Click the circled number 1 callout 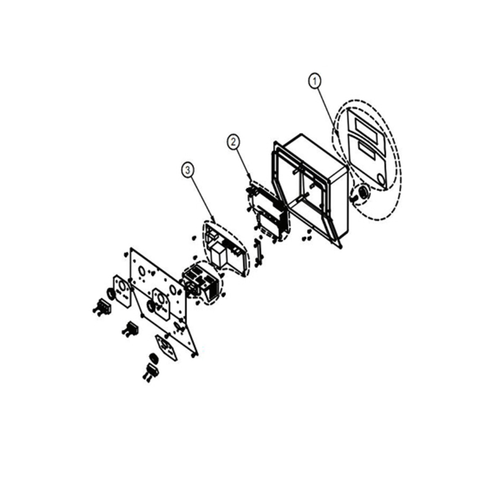315,81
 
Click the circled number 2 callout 233,142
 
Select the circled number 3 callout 188,170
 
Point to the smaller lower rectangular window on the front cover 368,150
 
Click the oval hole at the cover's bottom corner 381,178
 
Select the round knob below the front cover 363,192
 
